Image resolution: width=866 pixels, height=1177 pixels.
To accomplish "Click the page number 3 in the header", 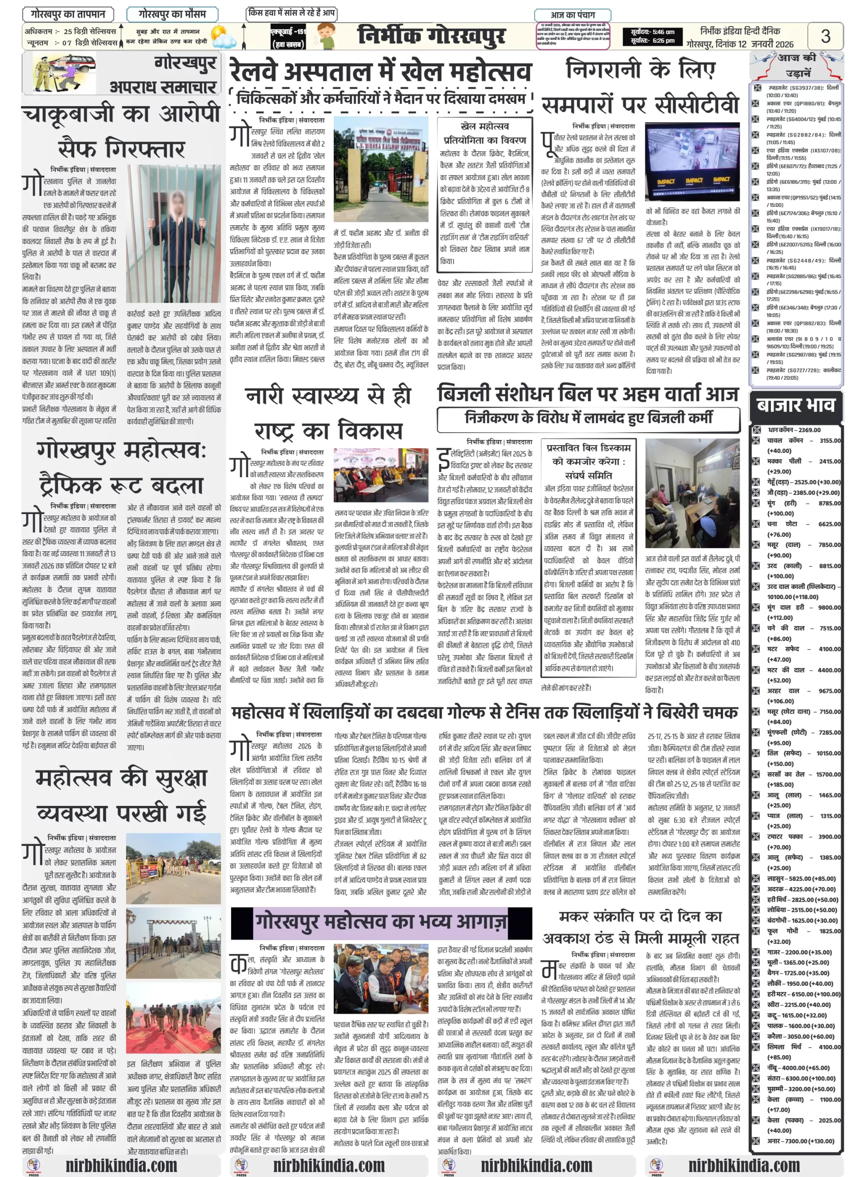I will click(825, 36).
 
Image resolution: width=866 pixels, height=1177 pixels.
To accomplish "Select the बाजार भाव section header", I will click(795, 405).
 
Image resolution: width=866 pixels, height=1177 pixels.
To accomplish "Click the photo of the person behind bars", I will click(173, 233).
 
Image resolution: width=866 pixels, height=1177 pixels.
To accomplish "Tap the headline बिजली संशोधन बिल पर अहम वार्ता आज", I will click(588, 393).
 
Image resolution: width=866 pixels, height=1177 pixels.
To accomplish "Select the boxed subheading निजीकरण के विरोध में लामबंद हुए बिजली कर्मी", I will click(588, 418).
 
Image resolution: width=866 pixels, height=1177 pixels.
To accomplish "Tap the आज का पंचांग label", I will click(572, 15).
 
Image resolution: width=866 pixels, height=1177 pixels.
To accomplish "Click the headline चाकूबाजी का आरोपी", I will click(121, 114).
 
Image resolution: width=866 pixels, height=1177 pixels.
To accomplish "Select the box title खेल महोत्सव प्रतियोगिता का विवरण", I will click(484, 133).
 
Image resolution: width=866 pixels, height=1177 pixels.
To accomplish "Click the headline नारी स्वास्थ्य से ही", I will click(328, 396).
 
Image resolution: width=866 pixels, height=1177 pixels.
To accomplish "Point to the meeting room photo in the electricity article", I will click(692, 493).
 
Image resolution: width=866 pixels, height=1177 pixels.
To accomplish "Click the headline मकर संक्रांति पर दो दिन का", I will click(639, 916).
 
